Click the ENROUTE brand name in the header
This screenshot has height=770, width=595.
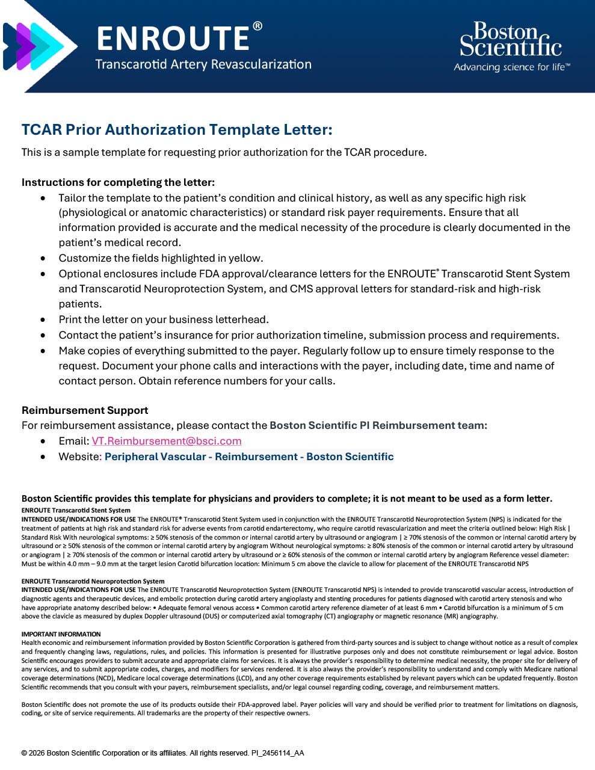pos(173,38)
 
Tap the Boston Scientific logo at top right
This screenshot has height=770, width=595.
pos(511,40)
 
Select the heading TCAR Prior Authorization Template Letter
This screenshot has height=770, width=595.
pos(177,130)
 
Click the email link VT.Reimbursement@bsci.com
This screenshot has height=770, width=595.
pos(167,441)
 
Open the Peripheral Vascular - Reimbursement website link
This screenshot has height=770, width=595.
pos(249,457)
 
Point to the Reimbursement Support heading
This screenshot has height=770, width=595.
pos(85,410)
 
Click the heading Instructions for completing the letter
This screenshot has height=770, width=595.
pos(118,182)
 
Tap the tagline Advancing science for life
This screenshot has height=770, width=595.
pos(511,67)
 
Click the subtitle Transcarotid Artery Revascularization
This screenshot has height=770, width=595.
pos(203,64)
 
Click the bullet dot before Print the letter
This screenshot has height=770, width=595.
pos(43,320)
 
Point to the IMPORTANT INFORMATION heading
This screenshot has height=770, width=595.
pos(61,634)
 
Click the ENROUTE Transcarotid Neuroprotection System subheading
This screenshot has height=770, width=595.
pos(93,581)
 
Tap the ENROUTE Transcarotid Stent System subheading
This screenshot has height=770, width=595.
pos(76,510)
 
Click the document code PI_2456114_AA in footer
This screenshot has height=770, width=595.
pos(277,753)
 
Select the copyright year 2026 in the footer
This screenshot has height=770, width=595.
pos(38,753)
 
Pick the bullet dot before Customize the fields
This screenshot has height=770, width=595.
pos(43,259)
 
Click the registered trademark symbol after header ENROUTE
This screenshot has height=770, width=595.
pos(257,26)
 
